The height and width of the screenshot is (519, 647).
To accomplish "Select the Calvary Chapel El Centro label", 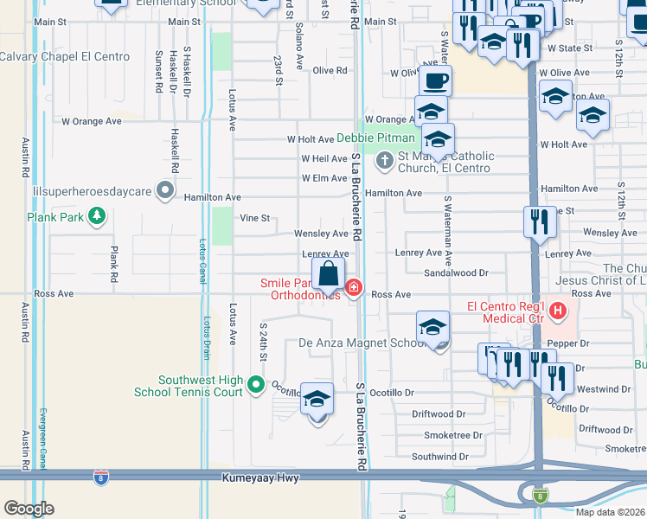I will pos(65,57).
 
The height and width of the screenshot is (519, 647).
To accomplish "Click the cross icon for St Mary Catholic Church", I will pos(384,160).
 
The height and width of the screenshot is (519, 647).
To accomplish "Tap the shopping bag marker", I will pos(330,275).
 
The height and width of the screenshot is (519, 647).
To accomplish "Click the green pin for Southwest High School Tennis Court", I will pos(255,384).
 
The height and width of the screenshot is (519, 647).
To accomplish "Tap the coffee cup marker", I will pos(434,80).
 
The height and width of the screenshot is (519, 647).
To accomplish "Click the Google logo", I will pos(29,508).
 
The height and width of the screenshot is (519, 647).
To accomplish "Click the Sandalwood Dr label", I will pos(456,272).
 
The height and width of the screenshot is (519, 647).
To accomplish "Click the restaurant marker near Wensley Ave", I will pos(539,223).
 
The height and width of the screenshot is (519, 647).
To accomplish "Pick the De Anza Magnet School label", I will pos(362,343).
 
